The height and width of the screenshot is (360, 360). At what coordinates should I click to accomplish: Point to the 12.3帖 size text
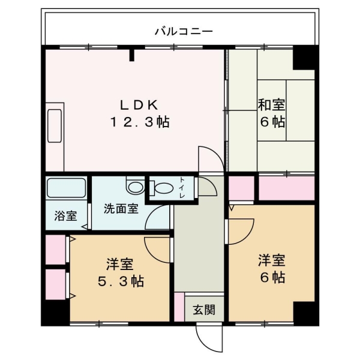139,122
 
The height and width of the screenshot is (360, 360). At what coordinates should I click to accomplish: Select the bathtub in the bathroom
66,190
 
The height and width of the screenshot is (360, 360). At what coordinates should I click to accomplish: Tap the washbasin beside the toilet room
135,187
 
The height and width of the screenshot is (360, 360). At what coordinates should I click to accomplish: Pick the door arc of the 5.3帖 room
157,249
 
